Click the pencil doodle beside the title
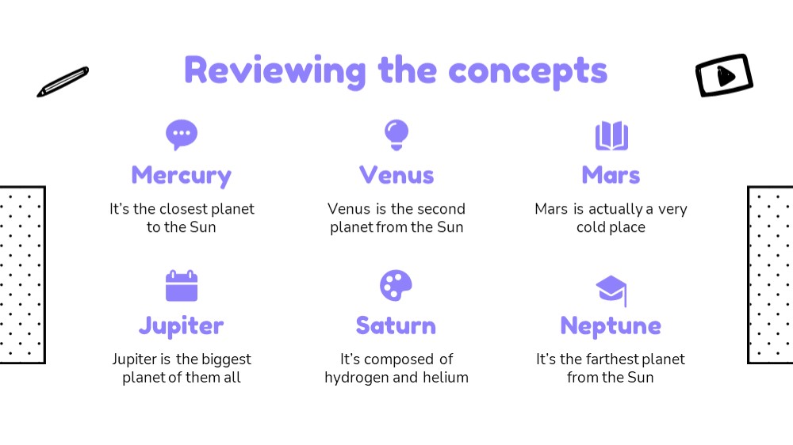click(63, 82)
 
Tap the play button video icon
click(724, 75)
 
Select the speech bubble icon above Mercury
click(182, 135)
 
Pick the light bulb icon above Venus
click(396, 135)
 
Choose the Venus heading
click(396, 175)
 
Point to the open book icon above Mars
click(611, 135)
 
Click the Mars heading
click(611, 175)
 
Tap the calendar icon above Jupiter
click(182, 286)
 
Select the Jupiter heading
click(181, 326)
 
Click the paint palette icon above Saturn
click(396, 286)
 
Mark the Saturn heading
click(396, 325)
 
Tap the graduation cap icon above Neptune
click(611, 291)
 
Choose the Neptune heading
click(611, 326)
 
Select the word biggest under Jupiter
click(227, 360)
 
